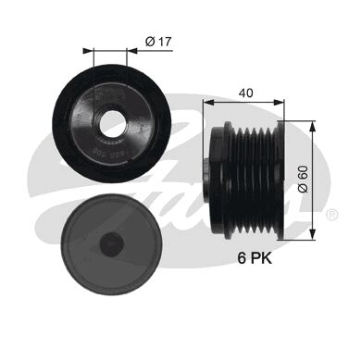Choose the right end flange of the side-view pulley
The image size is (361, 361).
(x=280, y=177)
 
